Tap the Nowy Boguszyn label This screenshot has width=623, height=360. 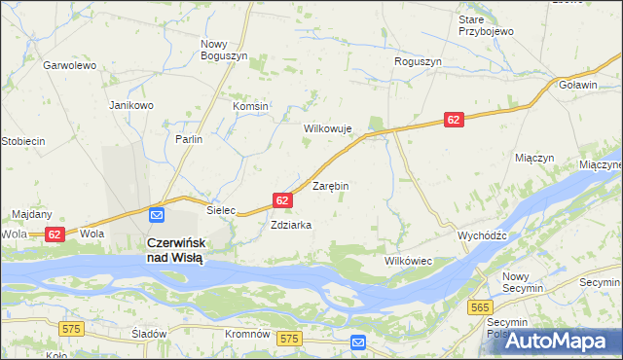tap(226, 51)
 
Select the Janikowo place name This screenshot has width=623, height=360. tap(131, 105)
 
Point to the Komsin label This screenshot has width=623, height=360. tap(250, 106)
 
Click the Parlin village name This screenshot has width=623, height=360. tap(189, 140)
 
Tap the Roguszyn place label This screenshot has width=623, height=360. tap(418, 61)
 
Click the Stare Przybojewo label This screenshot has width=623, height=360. tap(486, 25)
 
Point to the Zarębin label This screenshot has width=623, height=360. tap(330, 185)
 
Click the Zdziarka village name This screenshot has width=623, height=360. tap(291, 225)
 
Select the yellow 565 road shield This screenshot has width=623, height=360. tap(479, 307)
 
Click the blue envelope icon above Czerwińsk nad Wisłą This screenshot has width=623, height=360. tap(157, 215)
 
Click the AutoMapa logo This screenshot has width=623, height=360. tap(558, 341)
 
